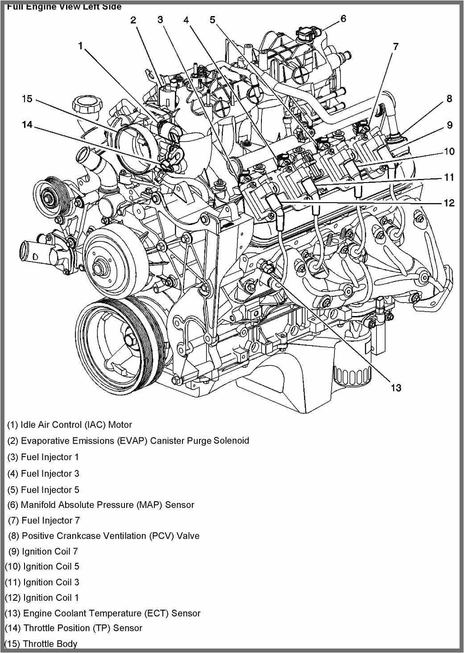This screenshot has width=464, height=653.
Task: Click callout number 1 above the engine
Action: click(x=80, y=46)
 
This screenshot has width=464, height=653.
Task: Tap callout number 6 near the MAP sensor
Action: click(x=343, y=18)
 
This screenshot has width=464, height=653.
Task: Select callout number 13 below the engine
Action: click(x=395, y=387)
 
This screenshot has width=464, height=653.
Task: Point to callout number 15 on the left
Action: click(x=27, y=98)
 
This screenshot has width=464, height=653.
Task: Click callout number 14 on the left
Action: click(x=27, y=125)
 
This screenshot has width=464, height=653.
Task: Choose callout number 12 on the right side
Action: click(x=449, y=203)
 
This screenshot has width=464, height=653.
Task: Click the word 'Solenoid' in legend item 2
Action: click(x=231, y=441)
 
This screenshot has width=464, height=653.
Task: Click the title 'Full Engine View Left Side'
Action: click(x=64, y=7)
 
